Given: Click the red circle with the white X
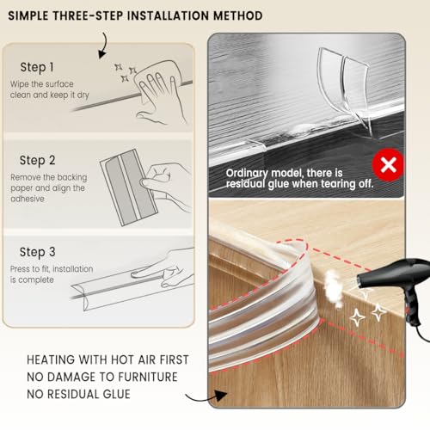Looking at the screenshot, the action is [x=388, y=165].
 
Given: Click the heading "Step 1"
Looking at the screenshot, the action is [x=37, y=68].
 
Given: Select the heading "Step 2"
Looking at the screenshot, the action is [x=37, y=161].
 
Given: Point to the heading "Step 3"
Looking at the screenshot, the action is [x=37, y=253].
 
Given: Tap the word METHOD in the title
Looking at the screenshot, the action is [x=238, y=15].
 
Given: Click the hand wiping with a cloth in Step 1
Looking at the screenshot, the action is [x=161, y=92].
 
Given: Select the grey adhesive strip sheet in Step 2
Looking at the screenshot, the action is [x=129, y=187].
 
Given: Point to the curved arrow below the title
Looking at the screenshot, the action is [x=104, y=46].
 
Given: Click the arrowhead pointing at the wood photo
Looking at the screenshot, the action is [x=220, y=396].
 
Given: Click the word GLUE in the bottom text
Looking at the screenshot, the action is [x=116, y=394].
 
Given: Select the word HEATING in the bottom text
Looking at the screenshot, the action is [x=51, y=359].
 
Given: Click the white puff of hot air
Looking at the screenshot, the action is [x=333, y=288].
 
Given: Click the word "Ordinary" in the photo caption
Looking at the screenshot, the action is [x=247, y=174].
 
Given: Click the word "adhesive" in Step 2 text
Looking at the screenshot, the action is [x=28, y=199].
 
